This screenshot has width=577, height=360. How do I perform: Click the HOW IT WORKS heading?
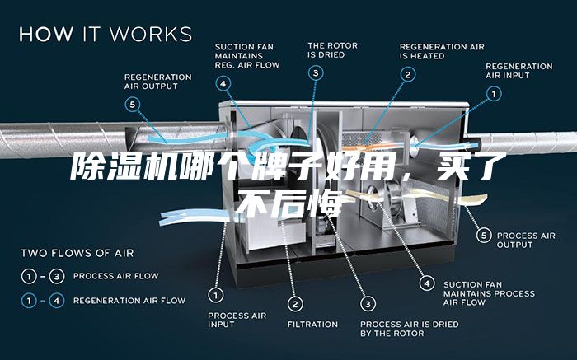(x=106, y=34)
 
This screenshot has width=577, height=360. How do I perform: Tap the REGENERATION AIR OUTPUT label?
(x=158, y=82)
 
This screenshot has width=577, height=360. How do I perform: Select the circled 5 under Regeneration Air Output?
(x=133, y=105)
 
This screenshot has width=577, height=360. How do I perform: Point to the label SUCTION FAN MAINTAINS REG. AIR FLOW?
(x=247, y=56)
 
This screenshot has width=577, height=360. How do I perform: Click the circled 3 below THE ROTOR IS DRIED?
(x=316, y=73)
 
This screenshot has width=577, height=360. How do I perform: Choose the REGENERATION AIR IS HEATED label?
(x=442, y=51)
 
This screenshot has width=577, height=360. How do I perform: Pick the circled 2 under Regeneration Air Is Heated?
(x=408, y=75)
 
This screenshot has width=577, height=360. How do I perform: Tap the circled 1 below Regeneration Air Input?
(x=494, y=94)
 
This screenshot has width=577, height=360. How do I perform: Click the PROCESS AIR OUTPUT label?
(x=526, y=240)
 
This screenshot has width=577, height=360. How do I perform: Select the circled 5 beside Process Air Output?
(x=484, y=236)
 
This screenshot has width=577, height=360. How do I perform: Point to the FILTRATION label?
(x=312, y=325)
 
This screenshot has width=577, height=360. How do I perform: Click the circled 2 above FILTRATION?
(x=295, y=304)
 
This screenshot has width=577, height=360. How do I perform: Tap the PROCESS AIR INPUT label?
(x=237, y=320)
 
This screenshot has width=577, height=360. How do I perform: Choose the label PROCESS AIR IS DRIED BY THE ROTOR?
(x=410, y=329)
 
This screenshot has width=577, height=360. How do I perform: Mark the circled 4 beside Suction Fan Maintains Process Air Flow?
(x=427, y=283)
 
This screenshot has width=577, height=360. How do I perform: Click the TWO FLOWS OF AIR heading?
(x=77, y=253)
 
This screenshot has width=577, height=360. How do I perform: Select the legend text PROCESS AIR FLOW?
(x=116, y=276)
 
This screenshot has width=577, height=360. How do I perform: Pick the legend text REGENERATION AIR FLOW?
(x=129, y=301)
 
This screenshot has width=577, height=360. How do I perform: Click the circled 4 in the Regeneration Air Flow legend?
(x=57, y=301)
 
